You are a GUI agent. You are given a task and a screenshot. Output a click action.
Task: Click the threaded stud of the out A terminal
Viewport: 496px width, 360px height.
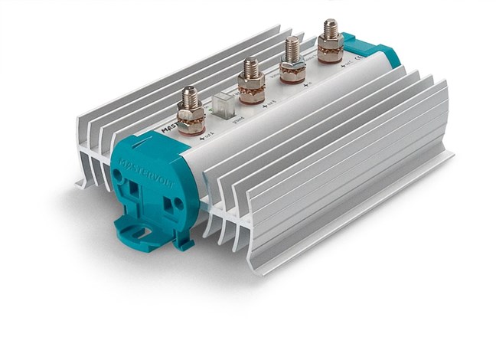click(x=190, y=97)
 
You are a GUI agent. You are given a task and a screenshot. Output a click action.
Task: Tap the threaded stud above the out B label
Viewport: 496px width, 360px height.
click(x=250, y=69)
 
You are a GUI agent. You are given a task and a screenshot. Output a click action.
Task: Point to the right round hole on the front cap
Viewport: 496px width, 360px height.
click(x=178, y=202)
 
